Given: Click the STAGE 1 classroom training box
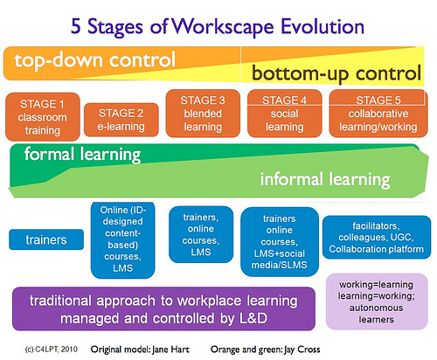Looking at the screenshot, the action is tap(43, 117).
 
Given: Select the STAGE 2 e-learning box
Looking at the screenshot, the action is tap(121, 120).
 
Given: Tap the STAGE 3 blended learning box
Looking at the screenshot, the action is tap(203, 114).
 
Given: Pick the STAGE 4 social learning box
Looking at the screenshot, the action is tap(285, 114).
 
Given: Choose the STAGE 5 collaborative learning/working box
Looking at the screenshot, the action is tap(378, 114).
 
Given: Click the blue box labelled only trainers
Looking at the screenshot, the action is tap(46, 239).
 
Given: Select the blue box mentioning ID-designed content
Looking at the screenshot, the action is tap(122, 240).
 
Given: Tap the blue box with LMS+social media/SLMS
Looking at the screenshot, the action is tap(280, 242).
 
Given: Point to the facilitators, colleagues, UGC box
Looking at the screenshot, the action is tap(377, 238).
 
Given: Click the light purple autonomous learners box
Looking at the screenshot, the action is tap(377, 301).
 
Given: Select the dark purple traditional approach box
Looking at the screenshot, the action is tap(163, 308).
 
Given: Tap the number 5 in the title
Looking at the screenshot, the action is tap(76, 26).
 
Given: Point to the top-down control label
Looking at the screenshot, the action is tap(95, 60).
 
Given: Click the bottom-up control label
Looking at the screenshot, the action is tap(336, 73).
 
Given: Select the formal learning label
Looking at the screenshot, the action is tap(82, 155).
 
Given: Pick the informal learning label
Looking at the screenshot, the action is tap(325, 179).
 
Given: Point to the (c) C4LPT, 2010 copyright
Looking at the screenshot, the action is tap(52, 350).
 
